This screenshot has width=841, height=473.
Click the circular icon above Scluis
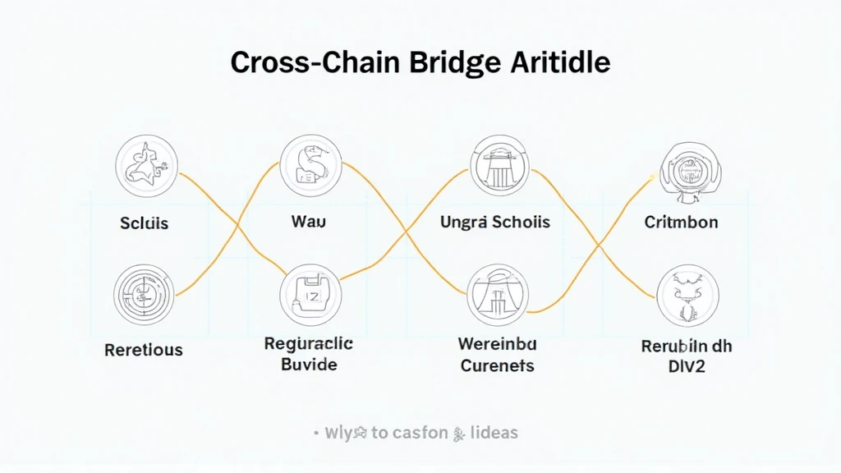(145, 166)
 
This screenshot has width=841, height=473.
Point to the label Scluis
(144, 223)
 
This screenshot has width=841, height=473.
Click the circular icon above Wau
(310, 165)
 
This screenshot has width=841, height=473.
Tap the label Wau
(309, 222)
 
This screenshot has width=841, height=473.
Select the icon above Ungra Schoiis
(499, 165)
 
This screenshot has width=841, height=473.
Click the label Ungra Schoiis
(494, 223)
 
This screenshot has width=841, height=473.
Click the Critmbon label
(681, 223)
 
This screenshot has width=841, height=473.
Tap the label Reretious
(144, 350)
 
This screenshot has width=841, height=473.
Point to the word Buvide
(309, 364)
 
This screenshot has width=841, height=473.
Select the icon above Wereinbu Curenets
(498, 294)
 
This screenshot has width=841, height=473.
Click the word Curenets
(497, 365)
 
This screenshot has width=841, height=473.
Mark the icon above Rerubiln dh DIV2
(687, 296)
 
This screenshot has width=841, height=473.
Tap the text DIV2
(687, 365)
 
